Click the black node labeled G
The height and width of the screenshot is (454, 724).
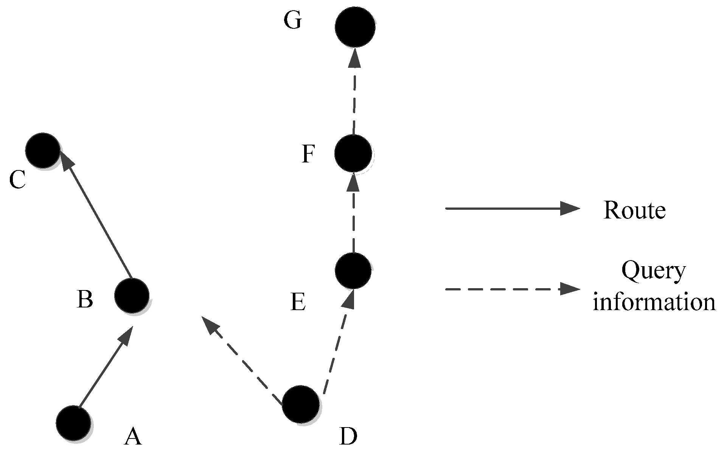tap(354, 27)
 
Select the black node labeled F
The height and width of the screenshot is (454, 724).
tap(353, 153)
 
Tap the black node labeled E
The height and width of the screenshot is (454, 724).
tap(353, 270)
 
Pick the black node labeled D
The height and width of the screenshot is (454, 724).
tap(301, 404)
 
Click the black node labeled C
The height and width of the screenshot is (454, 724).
tap(42, 150)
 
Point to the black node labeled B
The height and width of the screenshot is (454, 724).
tap(132, 296)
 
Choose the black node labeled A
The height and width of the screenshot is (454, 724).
tap(73, 423)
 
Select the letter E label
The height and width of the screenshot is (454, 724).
tap(298, 302)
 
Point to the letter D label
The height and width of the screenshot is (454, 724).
tap(348, 437)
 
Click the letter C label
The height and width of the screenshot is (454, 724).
tap(17, 179)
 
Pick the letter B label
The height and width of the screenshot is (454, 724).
tap(85, 300)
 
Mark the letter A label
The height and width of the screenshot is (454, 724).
tap(133, 436)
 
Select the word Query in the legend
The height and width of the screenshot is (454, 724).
tap(653, 271)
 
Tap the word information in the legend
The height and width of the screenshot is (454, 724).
tap(654, 302)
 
